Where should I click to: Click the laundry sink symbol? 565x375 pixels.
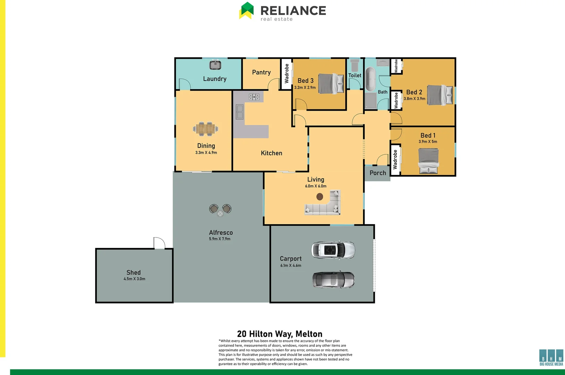215,65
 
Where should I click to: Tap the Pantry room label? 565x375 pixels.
261,72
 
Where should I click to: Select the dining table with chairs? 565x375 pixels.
206,129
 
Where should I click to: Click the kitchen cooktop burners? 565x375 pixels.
254,97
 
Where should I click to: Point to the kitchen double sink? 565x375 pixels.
239,112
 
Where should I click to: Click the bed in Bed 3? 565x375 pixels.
331,84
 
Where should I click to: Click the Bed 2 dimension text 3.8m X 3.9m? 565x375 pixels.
414,99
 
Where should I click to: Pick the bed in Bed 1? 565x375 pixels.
428,161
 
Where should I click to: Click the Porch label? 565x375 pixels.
378,173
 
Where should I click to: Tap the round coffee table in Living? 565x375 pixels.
320,197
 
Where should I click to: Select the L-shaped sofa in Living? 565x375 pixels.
324,205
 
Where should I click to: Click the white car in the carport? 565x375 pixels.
333,250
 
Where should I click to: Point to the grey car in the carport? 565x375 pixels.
334,280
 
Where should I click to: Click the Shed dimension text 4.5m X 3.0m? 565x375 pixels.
134,279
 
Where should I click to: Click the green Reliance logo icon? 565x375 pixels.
246,10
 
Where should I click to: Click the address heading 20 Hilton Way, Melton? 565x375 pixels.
280,334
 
